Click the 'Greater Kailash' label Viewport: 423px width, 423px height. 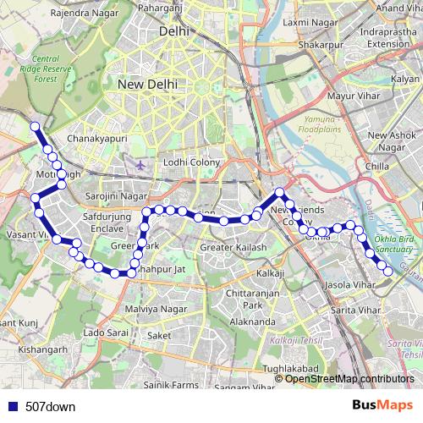coord(233,248)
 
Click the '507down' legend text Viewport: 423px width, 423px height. coord(50,406)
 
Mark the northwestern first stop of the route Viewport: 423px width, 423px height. coord(36,127)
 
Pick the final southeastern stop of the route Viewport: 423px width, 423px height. coord(387,270)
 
